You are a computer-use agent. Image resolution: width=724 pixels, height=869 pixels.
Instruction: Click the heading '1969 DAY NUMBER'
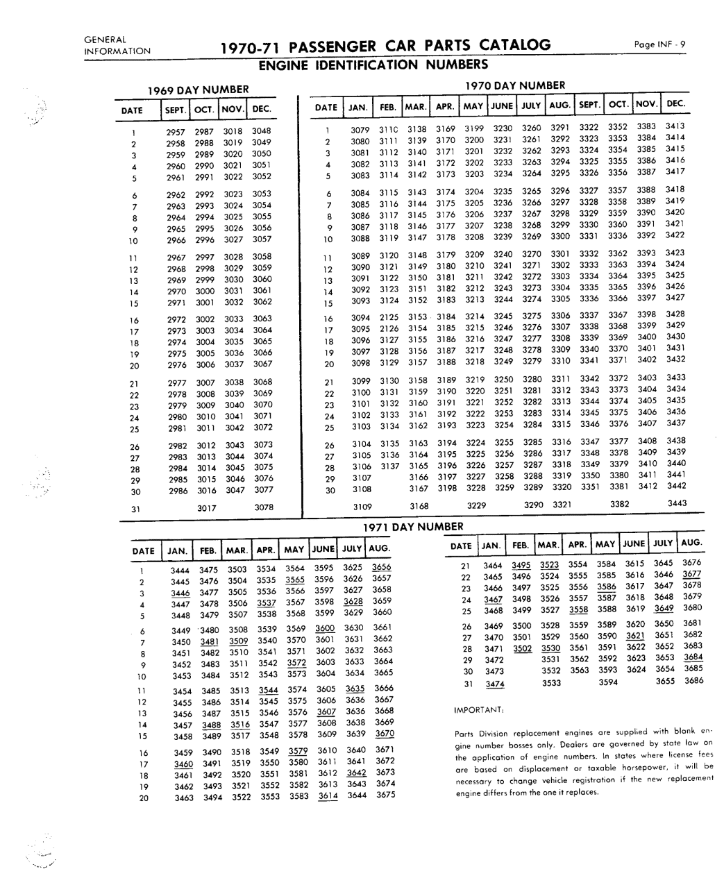[198, 90]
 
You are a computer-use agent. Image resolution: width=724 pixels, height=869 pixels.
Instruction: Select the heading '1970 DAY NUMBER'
[514, 85]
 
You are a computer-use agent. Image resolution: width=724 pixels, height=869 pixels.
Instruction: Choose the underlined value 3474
[494, 684]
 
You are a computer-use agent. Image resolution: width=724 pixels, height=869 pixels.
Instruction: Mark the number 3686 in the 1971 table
[693, 681]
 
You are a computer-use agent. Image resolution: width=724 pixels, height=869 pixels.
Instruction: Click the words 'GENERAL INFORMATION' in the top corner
[117, 44]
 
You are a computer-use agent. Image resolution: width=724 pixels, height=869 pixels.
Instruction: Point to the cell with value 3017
[206, 507]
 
